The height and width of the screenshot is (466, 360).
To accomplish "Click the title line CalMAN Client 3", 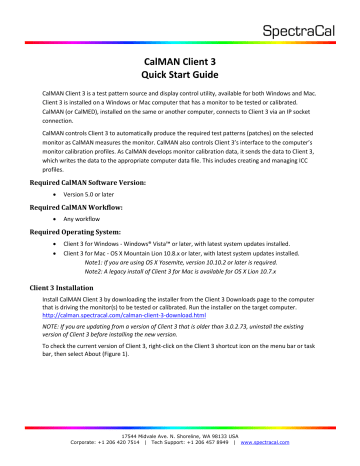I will [x=180, y=60].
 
